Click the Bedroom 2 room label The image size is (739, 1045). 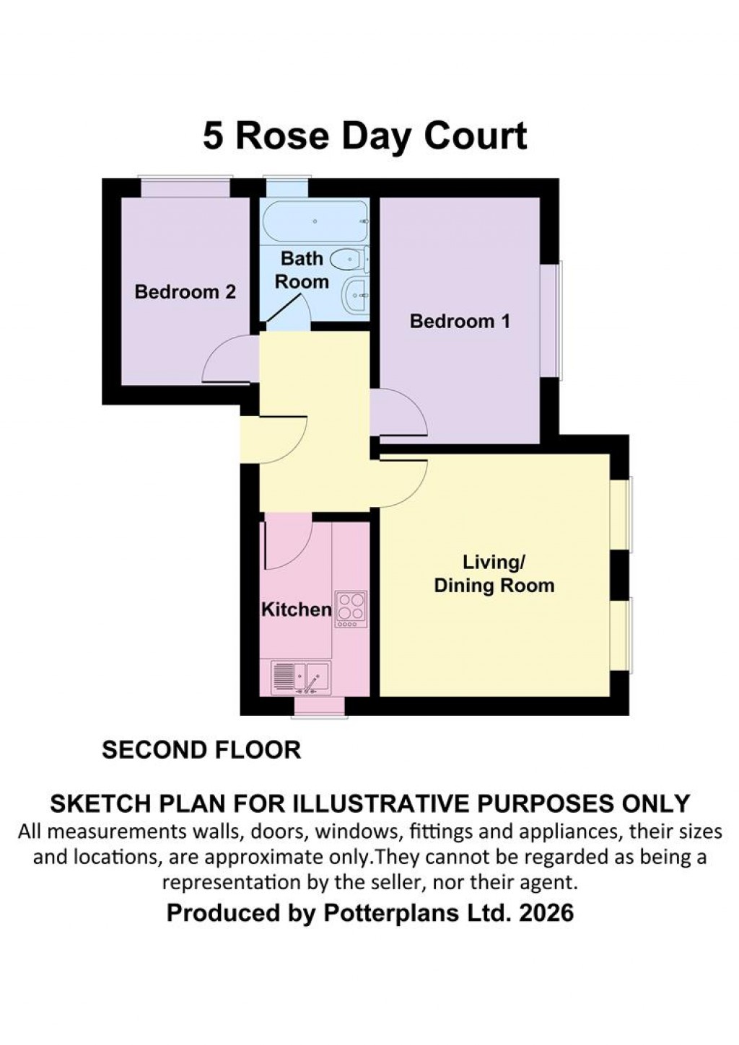(x=185, y=292)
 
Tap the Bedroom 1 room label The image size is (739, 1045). (x=460, y=321)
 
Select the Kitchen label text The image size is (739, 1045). (x=296, y=609)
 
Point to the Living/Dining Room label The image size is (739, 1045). (x=494, y=574)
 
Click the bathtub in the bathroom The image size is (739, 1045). (x=315, y=221)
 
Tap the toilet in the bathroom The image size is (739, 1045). (x=349, y=258)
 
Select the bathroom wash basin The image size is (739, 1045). (x=357, y=296)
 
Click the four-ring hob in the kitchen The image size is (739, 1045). (x=351, y=609)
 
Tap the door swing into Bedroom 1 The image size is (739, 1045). (x=398, y=413)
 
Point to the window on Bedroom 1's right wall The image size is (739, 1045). (x=552, y=320)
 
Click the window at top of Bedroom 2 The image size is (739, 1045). (x=185, y=187)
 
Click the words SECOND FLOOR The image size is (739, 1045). (x=201, y=750)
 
